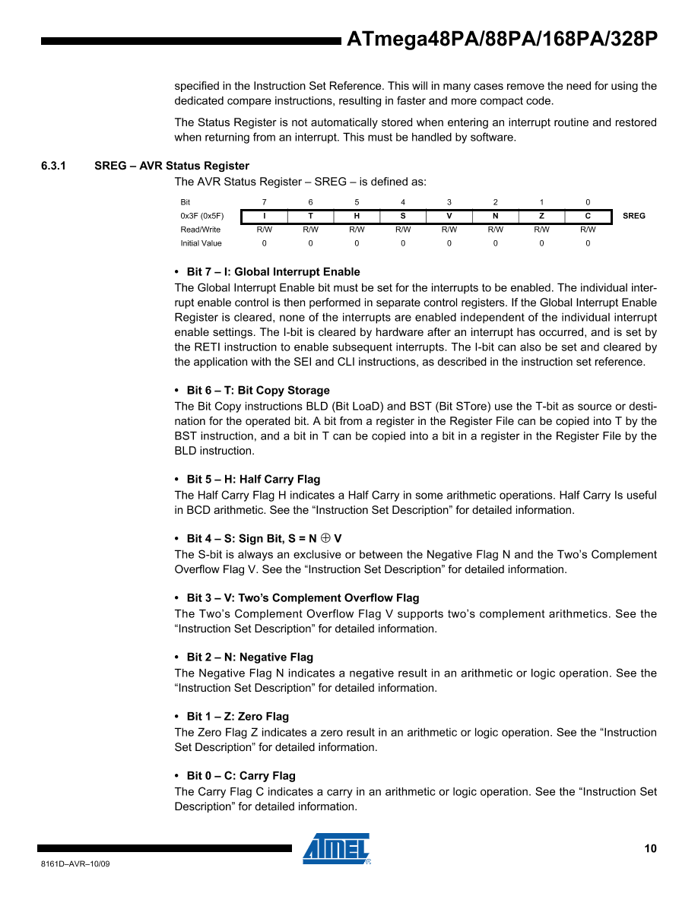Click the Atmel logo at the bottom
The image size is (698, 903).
[x=336, y=848]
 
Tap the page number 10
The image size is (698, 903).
[x=650, y=849]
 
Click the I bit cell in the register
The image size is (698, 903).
[x=264, y=216]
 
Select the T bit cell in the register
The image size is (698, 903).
[x=310, y=216]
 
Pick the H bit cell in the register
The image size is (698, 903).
[x=357, y=216]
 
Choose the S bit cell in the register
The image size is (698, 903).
[x=403, y=216]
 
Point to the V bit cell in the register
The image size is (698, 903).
[x=449, y=216]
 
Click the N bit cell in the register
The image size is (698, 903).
[x=496, y=216]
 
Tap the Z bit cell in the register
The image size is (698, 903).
[x=541, y=216]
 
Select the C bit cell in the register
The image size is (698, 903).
[x=588, y=216]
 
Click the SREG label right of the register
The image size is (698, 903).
[x=633, y=216]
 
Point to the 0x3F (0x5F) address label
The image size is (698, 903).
[x=202, y=216]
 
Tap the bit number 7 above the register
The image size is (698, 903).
[x=264, y=202]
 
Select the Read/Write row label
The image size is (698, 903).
[x=201, y=230]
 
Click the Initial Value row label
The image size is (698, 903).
[x=201, y=243]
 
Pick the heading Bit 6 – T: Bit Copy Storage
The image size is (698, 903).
[x=258, y=391]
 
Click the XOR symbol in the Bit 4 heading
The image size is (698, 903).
[x=325, y=539]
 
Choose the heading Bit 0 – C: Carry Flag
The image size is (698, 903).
[x=241, y=776]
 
